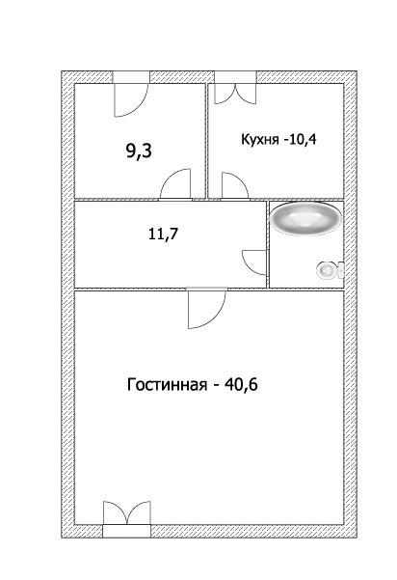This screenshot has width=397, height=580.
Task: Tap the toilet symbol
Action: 331,271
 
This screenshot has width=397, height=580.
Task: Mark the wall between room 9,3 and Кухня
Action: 207,135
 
